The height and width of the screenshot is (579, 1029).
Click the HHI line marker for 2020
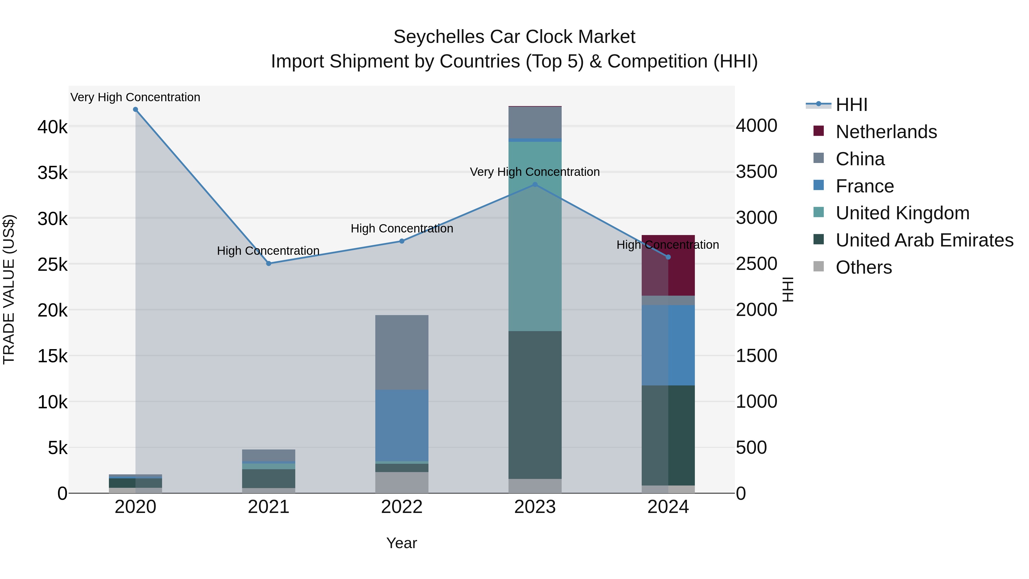pos(135,110)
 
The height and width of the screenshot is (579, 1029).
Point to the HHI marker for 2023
pos(535,185)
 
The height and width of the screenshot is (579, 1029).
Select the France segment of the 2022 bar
pos(402,425)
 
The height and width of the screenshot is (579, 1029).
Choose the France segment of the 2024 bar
pos(668,345)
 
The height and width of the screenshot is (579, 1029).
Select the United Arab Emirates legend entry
pos(924,240)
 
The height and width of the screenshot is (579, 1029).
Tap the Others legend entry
pos(863,267)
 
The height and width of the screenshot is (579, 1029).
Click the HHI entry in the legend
pos(851,105)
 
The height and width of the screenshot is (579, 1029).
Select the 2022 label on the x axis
pos(402,507)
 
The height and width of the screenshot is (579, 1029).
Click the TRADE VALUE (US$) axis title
pos(9,289)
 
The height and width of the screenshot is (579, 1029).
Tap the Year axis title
pos(402,543)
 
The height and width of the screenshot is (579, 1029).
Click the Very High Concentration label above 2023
pos(535,172)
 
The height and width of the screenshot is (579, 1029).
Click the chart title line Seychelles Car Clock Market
pos(514,37)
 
